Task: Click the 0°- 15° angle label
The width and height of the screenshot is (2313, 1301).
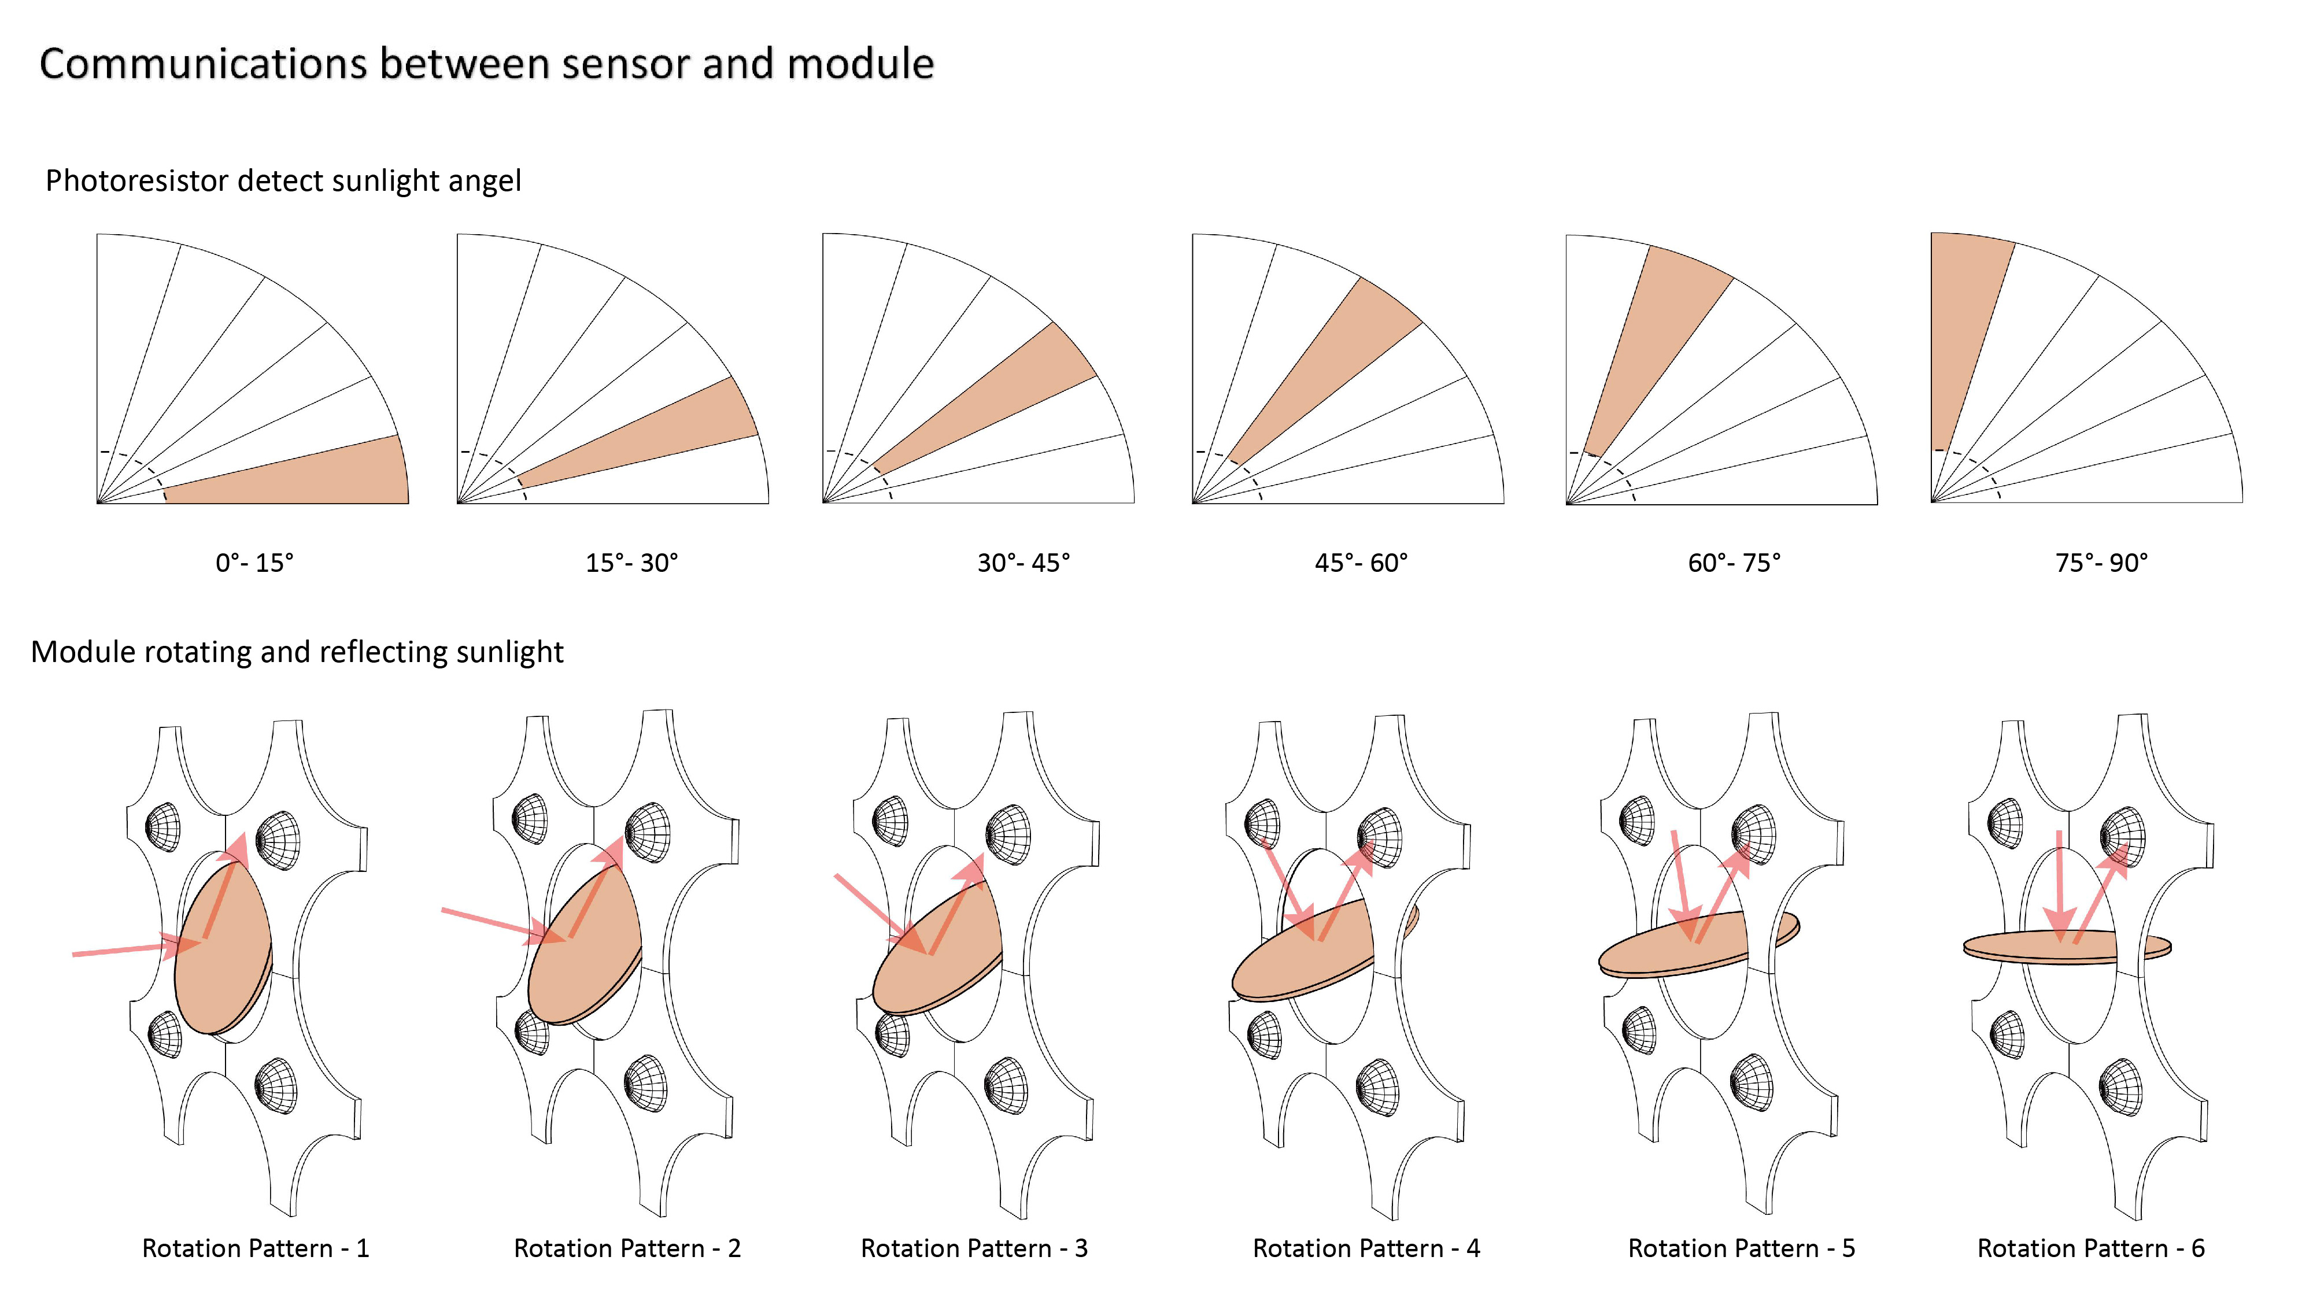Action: point(254,563)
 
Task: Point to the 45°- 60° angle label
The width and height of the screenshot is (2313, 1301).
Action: point(1361,563)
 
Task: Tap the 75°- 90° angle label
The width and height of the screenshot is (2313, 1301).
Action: point(2101,563)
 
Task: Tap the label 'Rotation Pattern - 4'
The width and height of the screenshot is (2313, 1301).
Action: point(1366,1248)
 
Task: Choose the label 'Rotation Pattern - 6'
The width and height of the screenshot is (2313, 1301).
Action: point(2090,1248)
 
